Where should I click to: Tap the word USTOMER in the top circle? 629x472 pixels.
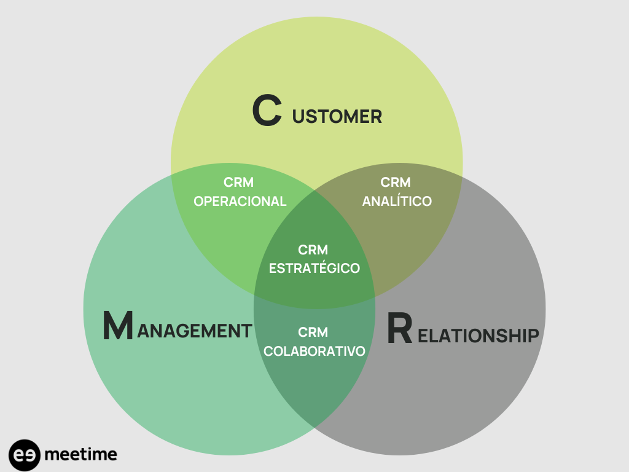coord(337,116)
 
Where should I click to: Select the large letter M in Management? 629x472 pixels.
coord(117,326)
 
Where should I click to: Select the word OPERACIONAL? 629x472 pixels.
coord(240,201)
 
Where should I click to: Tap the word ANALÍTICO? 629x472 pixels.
coord(397,201)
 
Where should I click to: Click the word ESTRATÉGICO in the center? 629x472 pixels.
coord(314,269)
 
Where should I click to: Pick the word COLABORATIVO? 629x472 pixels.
coord(314,351)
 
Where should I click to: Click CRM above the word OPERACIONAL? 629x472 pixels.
coord(239,183)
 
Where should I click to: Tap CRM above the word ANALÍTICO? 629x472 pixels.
coord(396,183)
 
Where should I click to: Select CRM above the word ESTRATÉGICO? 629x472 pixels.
coord(313,250)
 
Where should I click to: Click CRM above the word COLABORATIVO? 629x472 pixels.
coord(313,332)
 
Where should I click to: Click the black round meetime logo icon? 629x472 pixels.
coord(25,455)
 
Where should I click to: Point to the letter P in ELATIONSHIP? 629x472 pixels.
coord(532,336)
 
